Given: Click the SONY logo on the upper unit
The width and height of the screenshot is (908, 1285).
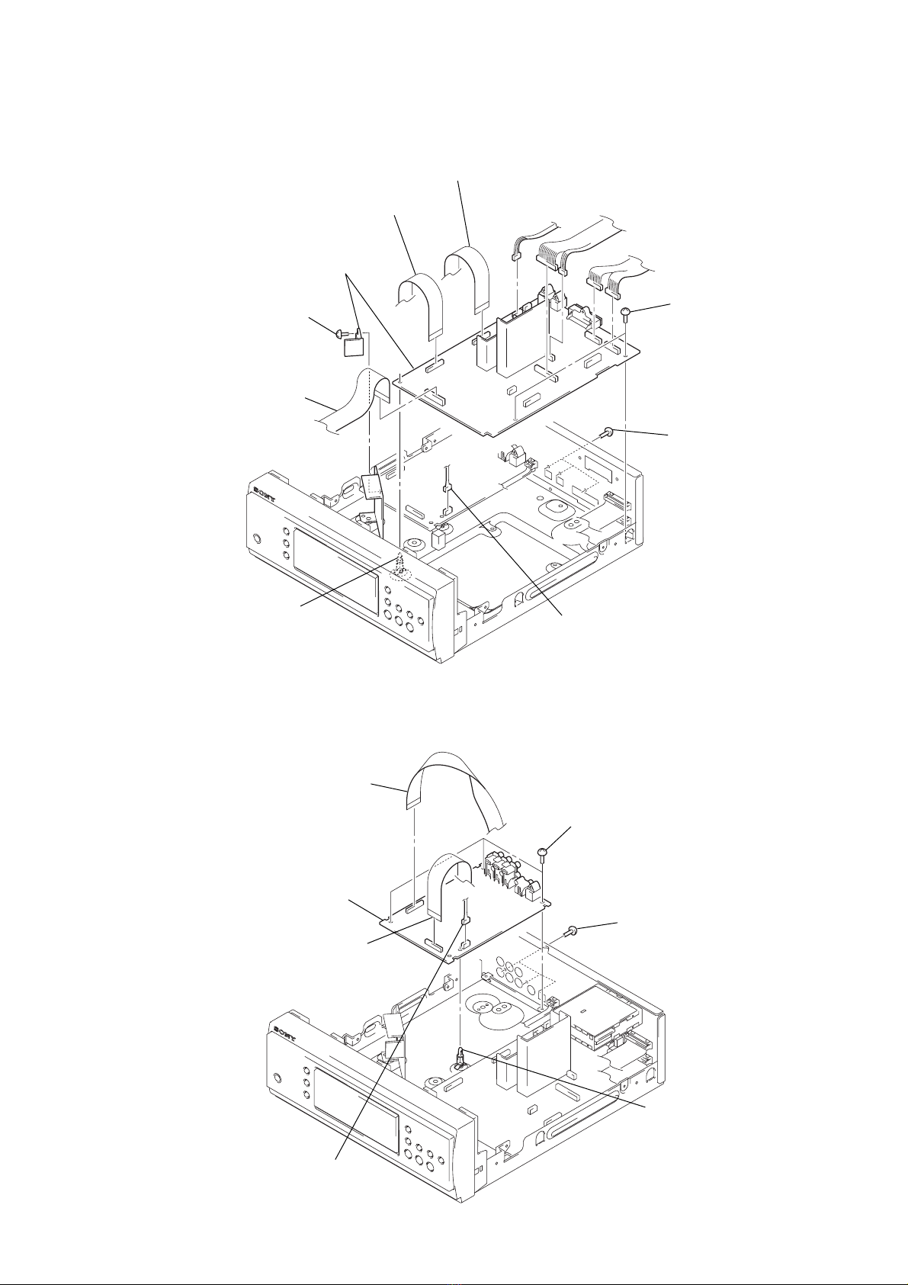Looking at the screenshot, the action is coord(265,494).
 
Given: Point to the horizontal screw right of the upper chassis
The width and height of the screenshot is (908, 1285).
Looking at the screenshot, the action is coord(608,432).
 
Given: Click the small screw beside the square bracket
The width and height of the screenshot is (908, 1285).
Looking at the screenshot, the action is coord(338,331).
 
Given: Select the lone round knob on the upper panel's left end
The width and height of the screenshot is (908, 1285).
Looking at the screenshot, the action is coord(256,538).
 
